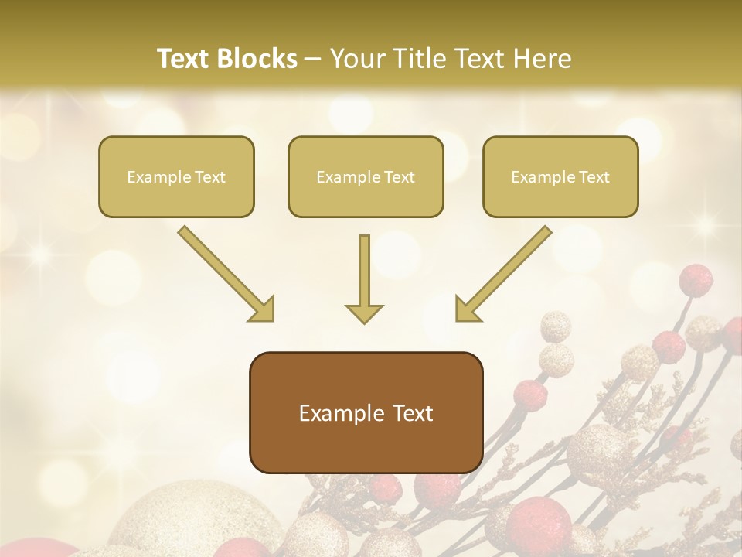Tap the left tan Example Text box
pyautogui.click(x=176, y=176)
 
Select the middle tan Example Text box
pyautogui.click(x=366, y=176)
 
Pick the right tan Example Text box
pyautogui.click(x=560, y=176)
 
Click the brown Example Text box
pyautogui.click(x=366, y=412)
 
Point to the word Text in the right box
pyautogui.click(x=594, y=177)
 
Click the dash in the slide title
pyautogui.click(x=313, y=60)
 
